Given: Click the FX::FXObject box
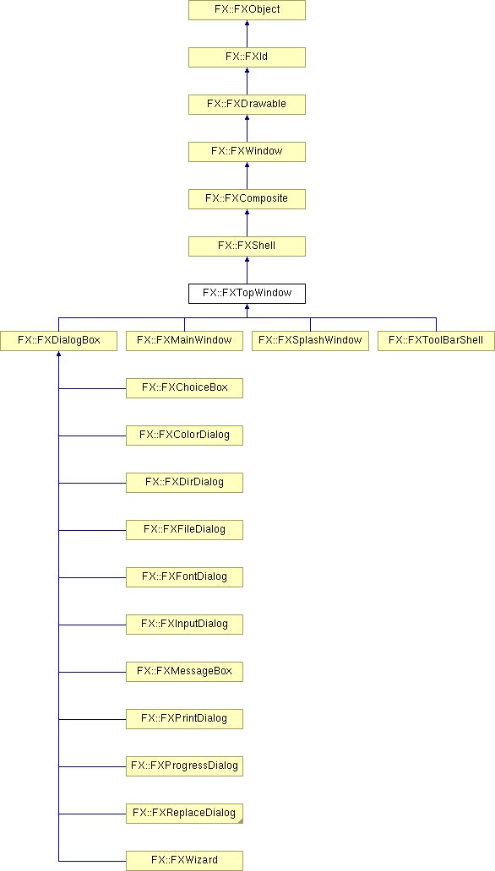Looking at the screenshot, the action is point(247,10).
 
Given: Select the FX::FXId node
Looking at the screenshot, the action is point(247,57).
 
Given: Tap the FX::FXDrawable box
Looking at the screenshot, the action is point(247,105).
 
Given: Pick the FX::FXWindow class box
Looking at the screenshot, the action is point(247,152).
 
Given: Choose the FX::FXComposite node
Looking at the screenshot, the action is point(247,199).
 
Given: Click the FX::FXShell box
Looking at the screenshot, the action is point(247,246).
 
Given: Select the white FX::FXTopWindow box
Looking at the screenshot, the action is point(247,294).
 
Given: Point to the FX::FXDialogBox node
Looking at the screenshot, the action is point(58,340).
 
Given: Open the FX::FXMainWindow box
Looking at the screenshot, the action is point(184,340).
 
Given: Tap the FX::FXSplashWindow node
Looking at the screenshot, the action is point(310,340).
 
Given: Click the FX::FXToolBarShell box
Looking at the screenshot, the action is point(436,340).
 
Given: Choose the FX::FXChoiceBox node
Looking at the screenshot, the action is point(184,387).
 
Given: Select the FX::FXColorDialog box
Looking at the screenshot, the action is point(184,435).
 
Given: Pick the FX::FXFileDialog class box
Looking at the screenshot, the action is point(184,529).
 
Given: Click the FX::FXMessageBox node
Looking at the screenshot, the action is point(184,671).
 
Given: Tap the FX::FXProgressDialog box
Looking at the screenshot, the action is point(184,766).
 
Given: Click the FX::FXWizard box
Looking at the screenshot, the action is point(184,860).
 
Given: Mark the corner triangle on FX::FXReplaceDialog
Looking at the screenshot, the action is point(240,820).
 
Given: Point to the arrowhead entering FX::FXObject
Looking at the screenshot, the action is point(247,24).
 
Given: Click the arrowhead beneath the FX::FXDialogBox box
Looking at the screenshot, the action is point(58,354).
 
